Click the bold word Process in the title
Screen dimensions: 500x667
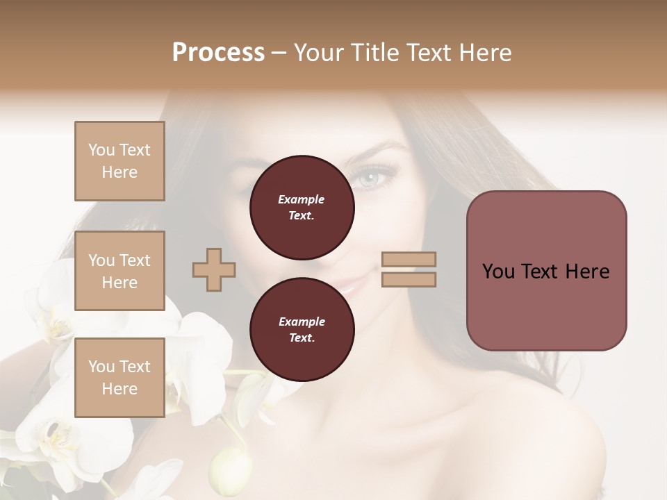(x=218, y=53)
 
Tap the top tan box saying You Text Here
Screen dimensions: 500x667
(x=120, y=161)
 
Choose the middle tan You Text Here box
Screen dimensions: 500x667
(x=120, y=271)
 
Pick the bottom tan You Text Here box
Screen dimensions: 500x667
(x=120, y=378)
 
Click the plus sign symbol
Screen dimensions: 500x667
(x=214, y=269)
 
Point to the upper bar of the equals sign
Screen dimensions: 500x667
(x=409, y=260)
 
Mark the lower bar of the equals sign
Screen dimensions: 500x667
(x=409, y=279)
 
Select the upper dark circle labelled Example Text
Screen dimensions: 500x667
(x=302, y=207)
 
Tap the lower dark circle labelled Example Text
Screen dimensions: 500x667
(x=302, y=329)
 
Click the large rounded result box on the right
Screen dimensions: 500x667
(x=546, y=271)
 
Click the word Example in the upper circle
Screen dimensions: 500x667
(x=302, y=199)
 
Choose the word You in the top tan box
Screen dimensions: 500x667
(x=101, y=150)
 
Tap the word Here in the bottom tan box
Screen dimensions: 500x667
(x=120, y=389)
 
